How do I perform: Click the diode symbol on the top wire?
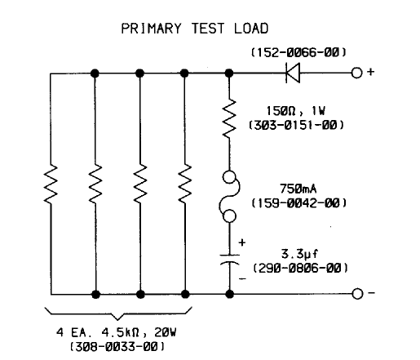pyautogui.click(x=293, y=73)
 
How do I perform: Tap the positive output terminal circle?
pyautogui.click(x=356, y=73)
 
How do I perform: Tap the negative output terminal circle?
pyautogui.click(x=357, y=294)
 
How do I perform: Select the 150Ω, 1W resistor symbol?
pyautogui.click(x=229, y=118)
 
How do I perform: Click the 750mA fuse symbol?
pyautogui.click(x=229, y=197)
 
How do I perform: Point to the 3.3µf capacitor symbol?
pyautogui.click(x=230, y=260)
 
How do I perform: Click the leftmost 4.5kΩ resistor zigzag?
pyautogui.click(x=51, y=184)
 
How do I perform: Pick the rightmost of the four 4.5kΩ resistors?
pyautogui.click(x=185, y=184)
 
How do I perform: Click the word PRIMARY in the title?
pyautogui.click(x=151, y=29)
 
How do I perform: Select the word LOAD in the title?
pyautogui.click(x=251, y=29)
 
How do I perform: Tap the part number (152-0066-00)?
pyautogui.click(x=298, y=52)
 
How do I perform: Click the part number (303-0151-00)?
pyautogui.click(x=296, y=125)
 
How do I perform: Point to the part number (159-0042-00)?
pyautogui.click(x=298, y=203)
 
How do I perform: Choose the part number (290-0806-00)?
pyautogui.click(x=300, y=269)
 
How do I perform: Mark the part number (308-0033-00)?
pyautogui.click(x=117, y=347)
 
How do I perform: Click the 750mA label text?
pyautogui.click(x=298, y=189)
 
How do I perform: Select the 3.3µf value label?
pyautogui.click(x=299, y=254)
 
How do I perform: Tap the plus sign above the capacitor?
pyautogui.click(x=241, y=242)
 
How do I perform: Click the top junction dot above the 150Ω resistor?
pyautogui.click(x=229, y=73)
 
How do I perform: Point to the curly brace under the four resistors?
pyautogui.click(x=118, y=313)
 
